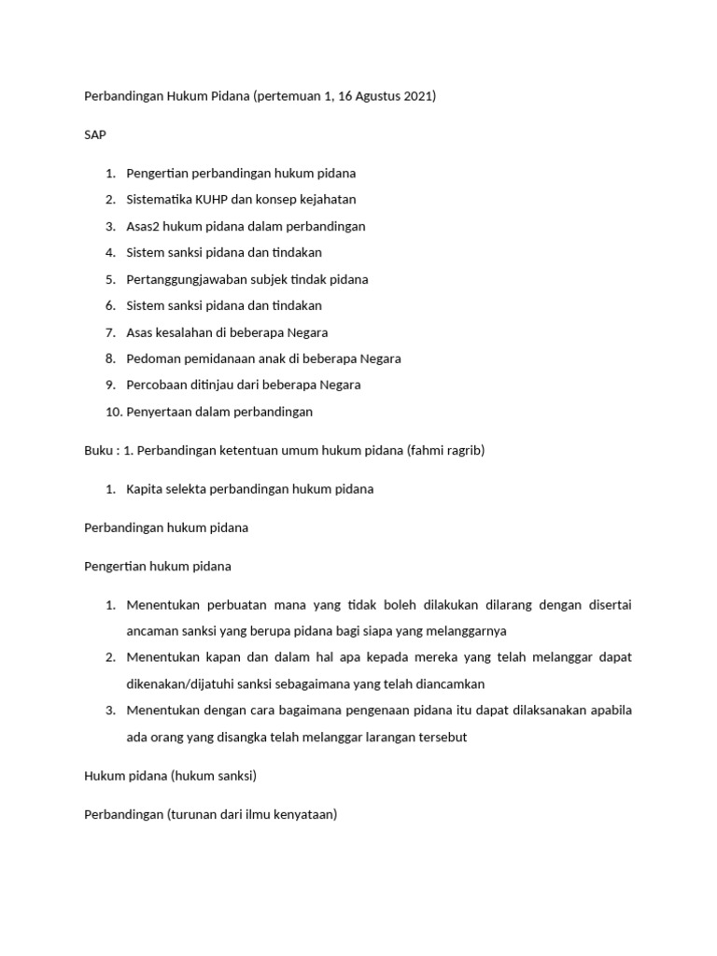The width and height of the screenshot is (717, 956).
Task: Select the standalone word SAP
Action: pyautogui.click(x=95, y=134)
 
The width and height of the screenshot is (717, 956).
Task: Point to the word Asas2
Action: pyautogui.click(x=145, y=226)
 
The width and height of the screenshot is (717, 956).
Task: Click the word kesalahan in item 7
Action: pyautogui.click(x=189, y=332)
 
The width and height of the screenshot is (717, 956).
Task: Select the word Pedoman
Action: pyautogui.click(x=152, y=358)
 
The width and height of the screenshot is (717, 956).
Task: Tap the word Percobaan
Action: pyautogui.click(x=156, y=385)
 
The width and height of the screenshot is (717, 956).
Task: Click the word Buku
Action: pyautogui.click(x=98, y=451)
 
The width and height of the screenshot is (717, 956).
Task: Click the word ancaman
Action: pyautogui.click(x=153, y=631)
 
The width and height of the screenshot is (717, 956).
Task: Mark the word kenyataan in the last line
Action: pyautogui.click(x=303, y=814)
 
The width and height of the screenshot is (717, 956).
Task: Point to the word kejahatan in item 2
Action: pyautogui.click(x=327, y=200)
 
